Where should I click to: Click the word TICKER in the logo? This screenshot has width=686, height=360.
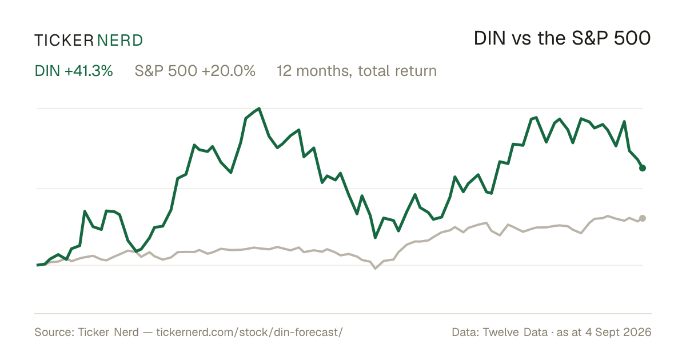click(63, 41)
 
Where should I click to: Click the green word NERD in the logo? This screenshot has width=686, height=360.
click(120, 41)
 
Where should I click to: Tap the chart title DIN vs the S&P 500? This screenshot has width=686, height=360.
click(562, 38)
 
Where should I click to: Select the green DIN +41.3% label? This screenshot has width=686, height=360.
click(74, 71)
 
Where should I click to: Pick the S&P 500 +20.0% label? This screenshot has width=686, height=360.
click(195, 71)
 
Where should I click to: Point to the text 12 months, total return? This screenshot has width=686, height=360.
click(357, 71)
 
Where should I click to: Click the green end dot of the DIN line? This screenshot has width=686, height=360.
click(643, 168)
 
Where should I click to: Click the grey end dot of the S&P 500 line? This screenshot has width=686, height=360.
click(643, 218)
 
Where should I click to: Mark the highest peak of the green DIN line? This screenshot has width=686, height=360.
click(259, 109)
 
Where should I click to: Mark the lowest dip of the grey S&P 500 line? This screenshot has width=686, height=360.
click(376, 269)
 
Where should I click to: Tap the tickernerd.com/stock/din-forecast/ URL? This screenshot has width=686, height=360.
click(250, 332)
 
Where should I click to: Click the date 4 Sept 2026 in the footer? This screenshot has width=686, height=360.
click(618, 332)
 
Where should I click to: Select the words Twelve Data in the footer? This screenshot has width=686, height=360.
click(515, 332)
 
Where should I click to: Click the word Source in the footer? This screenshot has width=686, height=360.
click(54, 332)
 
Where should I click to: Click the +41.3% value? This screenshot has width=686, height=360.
click(89, 71)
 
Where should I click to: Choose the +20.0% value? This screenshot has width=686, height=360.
click(229, 71)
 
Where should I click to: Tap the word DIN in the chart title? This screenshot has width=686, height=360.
click(489, 38)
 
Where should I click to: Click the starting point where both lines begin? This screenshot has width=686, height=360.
click(37, 265)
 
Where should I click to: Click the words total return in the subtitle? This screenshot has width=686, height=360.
click(397, 71)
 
